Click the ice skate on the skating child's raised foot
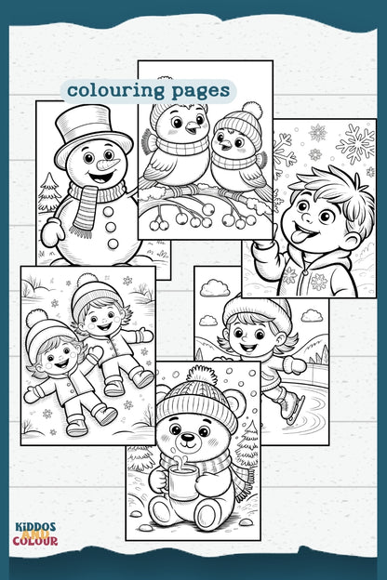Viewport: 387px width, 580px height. tap(290, 408)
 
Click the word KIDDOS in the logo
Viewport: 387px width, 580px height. tap(35, 527)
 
